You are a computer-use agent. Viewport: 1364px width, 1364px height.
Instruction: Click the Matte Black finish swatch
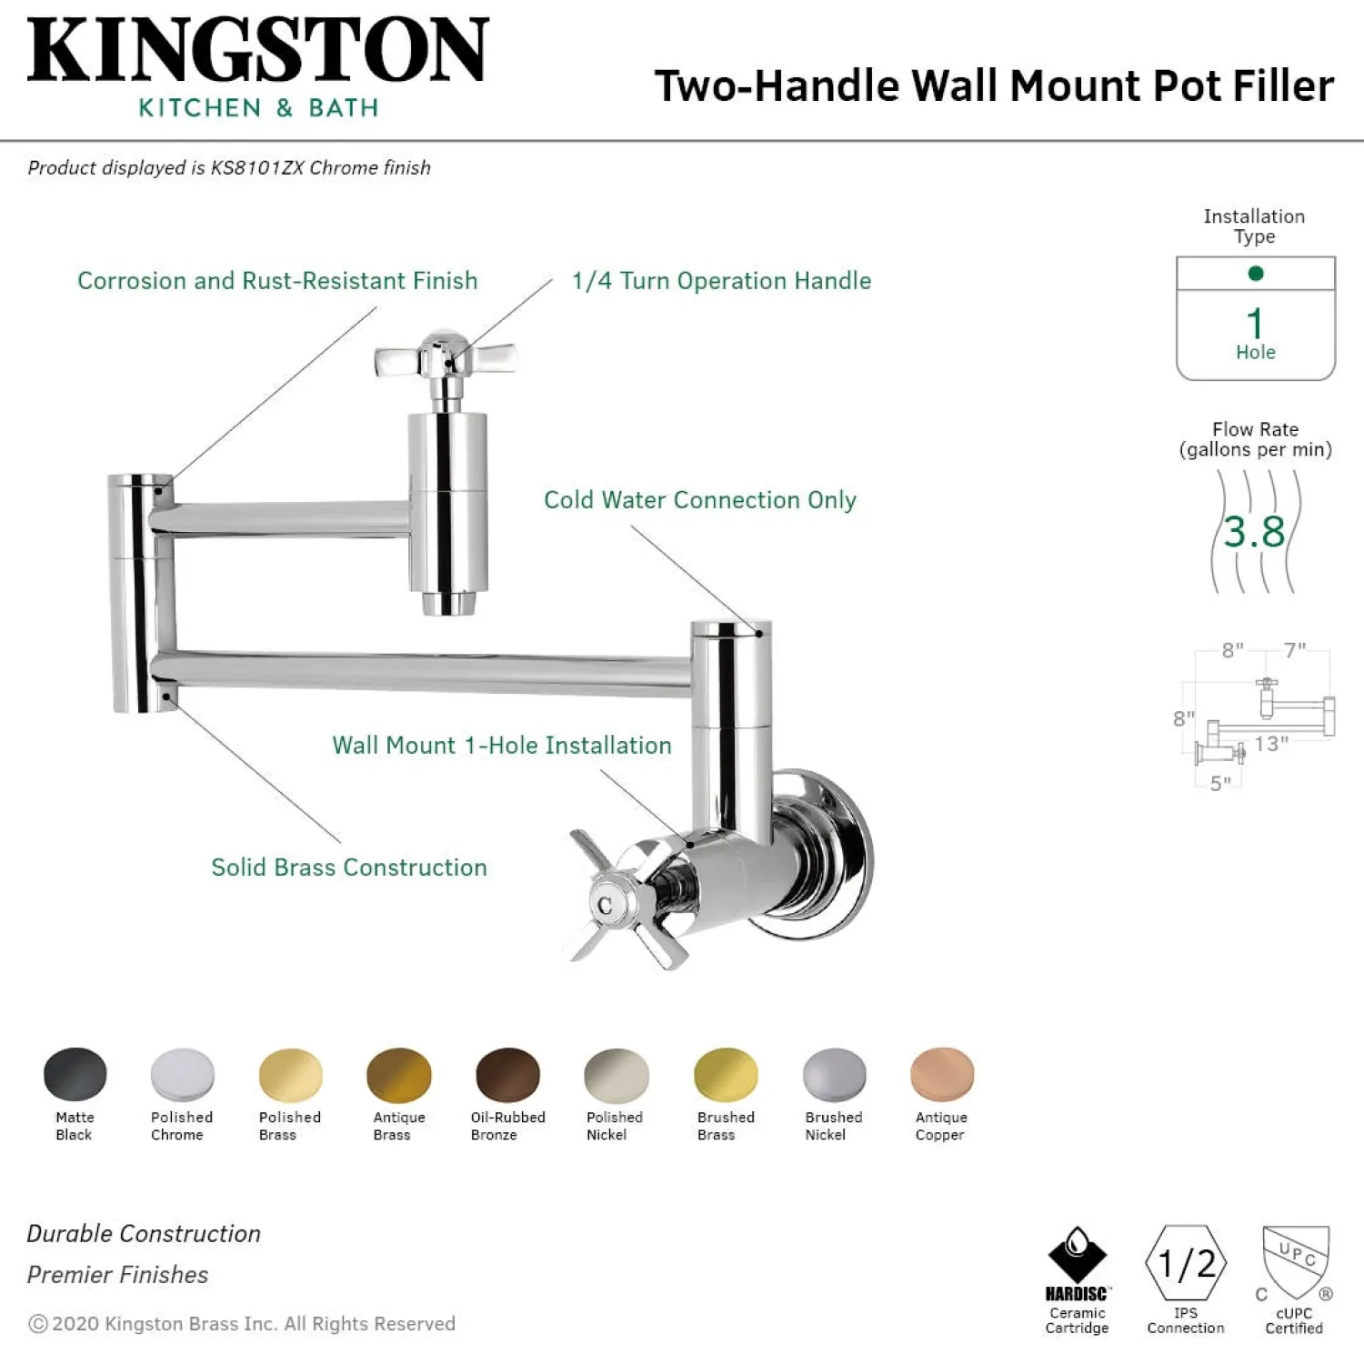(75, 1075)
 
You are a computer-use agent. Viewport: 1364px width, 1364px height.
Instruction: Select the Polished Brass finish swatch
(291, 1075)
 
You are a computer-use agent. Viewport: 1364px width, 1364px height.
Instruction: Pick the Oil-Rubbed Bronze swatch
(508, 1075)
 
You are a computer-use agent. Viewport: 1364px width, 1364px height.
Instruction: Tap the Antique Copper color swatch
(942, 1075)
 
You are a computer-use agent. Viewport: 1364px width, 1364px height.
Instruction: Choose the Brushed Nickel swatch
(835, 1075)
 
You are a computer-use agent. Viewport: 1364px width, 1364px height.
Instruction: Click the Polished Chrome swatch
(183, 1075)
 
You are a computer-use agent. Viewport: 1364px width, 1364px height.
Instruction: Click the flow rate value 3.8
(1254, 532)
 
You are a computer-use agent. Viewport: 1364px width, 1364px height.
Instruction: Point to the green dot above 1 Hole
(1256, 273)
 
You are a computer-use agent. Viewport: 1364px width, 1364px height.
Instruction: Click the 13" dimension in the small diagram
(1271, 744)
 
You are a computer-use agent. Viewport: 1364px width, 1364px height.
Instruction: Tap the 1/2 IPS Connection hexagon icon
(1186, 1263)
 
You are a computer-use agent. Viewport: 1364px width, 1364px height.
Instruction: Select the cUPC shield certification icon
(1296, 1263)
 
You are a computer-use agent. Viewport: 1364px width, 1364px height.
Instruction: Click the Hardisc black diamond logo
(1078, 1255)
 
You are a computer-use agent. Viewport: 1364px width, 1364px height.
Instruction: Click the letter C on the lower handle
(605, 906)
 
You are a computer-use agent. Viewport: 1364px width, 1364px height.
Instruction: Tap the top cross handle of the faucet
(446, 359)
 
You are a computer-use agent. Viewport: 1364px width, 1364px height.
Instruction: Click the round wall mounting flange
(823, 855)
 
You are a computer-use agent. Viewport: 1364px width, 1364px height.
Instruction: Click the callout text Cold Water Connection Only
(700, 500)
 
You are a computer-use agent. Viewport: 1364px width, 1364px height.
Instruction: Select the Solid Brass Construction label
(349, 868)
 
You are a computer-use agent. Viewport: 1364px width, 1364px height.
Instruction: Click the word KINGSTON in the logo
(258, 51)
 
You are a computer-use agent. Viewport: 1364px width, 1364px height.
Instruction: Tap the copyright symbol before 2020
(38, 1324)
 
